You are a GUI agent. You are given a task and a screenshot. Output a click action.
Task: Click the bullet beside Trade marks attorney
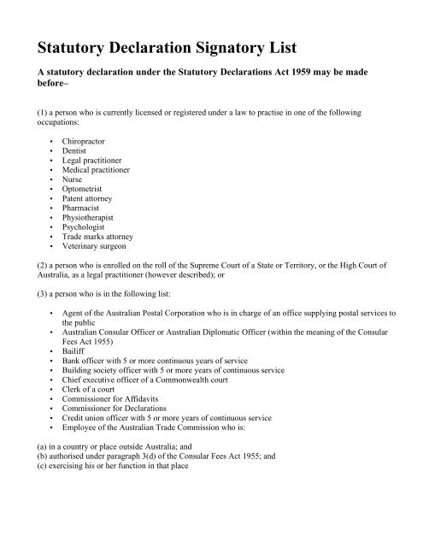click(54, 254)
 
